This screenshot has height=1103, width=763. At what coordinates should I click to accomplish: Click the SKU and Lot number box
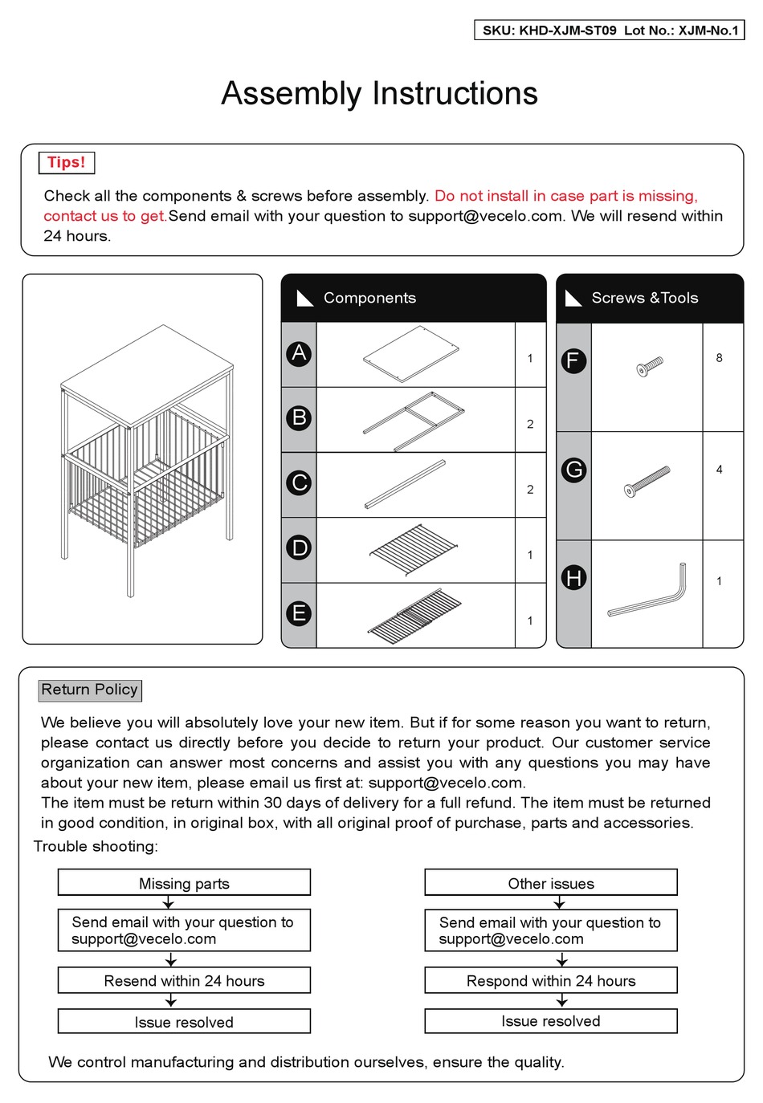(610, 31)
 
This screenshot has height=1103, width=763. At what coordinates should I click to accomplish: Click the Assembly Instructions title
(379, 94)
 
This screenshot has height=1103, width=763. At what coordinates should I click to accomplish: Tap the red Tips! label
(66, 162)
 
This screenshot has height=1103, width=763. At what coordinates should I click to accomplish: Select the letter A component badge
(299, 353)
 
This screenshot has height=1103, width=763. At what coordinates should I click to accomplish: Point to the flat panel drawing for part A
(411, 354)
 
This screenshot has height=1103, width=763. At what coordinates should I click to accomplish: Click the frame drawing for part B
(414, 421)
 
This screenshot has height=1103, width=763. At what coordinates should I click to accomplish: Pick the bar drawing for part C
(405, 485)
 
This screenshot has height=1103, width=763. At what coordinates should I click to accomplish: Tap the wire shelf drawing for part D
(413, 550)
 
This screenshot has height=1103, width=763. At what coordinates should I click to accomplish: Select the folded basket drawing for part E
(414, 616)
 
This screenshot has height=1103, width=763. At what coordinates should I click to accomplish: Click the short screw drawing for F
(649, 367)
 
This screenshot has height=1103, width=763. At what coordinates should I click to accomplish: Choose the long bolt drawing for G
(647, 482)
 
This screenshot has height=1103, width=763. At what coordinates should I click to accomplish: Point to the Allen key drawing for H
(649, 592)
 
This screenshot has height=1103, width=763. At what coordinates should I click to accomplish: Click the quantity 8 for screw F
(719, 358)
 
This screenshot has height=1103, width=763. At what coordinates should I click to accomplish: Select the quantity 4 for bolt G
(719, 470)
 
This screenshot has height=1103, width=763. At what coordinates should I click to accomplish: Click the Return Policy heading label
(90, 690)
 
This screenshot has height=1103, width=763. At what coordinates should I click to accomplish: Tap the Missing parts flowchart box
(184, 883)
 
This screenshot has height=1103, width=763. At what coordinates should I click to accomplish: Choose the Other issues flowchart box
(551, 883)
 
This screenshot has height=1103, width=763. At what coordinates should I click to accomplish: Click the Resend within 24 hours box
(184, 980)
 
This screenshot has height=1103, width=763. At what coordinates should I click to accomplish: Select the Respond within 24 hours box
(551, 980)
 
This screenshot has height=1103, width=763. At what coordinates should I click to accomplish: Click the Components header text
(369, 298)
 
